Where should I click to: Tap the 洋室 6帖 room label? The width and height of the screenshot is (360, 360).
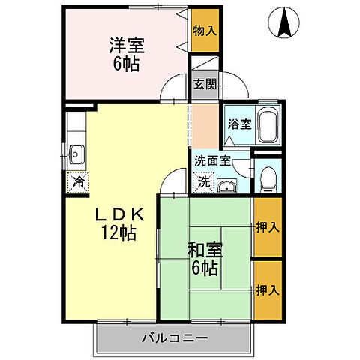click(126, 52)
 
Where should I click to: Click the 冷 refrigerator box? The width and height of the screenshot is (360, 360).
click(78, 181)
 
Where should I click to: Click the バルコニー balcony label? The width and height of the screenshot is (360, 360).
click(174, 338)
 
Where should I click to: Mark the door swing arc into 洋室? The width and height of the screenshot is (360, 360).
click(174, 88)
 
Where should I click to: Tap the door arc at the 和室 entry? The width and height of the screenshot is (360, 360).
click(174, 181)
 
